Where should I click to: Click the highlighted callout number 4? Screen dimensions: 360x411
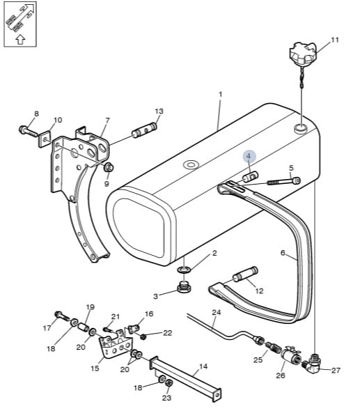[x=249, y=156]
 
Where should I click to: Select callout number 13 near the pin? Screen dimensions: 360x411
[x=159, y=111]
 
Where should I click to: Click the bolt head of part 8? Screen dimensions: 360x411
[x=23, y=129]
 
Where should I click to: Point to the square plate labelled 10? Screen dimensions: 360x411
[x=45, y=139]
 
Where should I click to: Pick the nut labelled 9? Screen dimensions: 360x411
[x=108, y=167]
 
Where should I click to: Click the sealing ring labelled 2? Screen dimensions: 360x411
[x=185, y=269]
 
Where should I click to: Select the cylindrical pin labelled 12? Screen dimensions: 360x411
[x=246, y=274]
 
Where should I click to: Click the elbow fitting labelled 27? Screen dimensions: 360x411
[x=313, y=364]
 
